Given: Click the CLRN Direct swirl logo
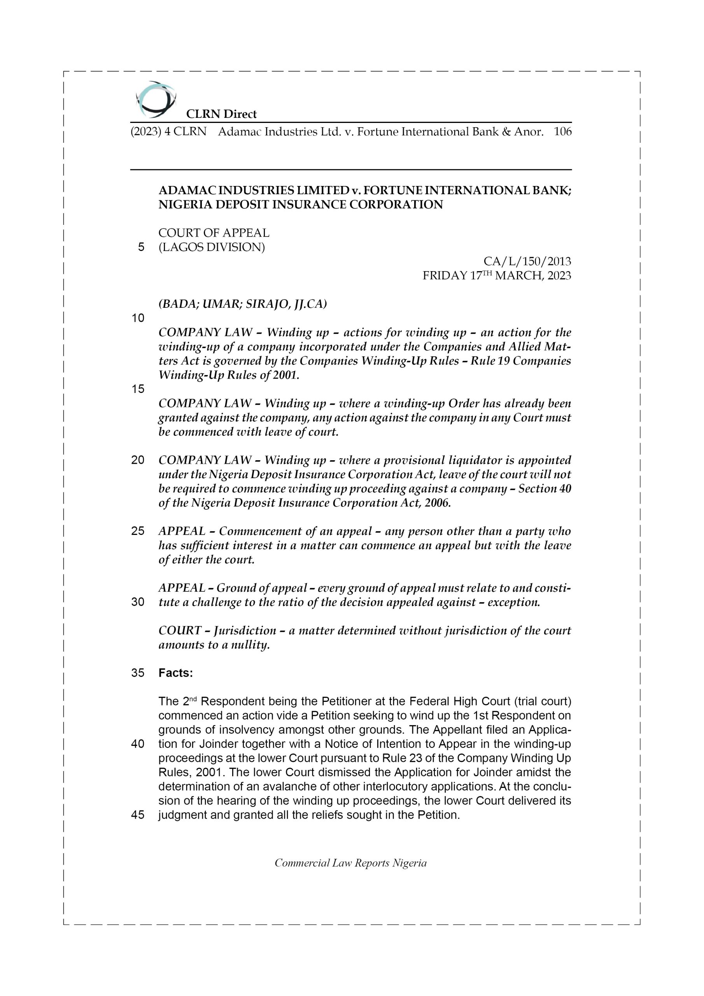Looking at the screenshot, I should [156, 99].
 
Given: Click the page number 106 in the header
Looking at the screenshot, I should [562, 132].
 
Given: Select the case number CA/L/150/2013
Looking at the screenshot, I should [527, 261].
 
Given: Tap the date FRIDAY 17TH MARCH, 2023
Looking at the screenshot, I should [497, 276].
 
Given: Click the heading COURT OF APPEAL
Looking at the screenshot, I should [214, 233].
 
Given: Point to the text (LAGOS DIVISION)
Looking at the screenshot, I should [212, 247].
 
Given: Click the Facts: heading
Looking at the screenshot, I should [176, 673].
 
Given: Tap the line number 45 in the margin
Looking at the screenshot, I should [138, 815].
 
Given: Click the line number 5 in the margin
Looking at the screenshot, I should [141, 247].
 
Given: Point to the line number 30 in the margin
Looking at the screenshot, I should [138, 602].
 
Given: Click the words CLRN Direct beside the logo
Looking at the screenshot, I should [221, 114].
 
